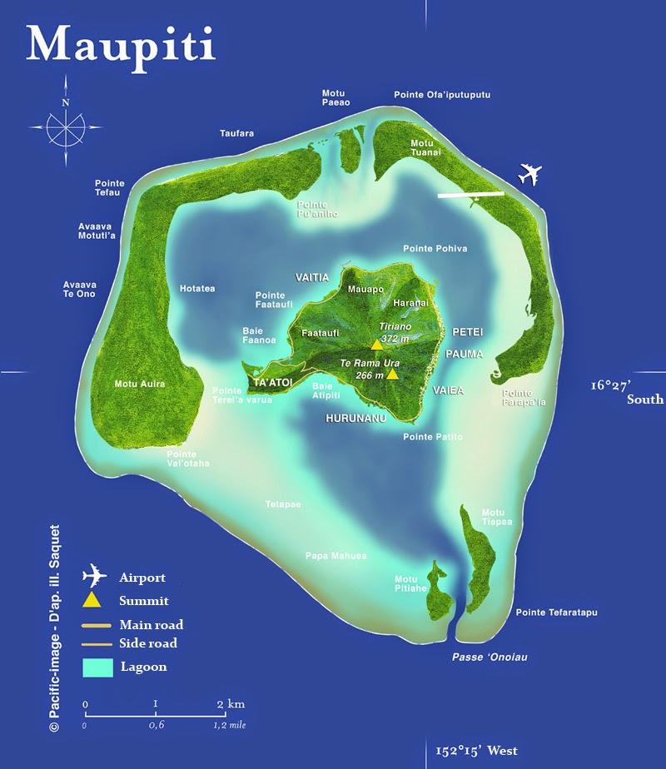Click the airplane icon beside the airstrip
(529, 175)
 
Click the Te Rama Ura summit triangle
(392, 375)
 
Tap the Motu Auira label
(139, 384)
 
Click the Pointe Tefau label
(110, 188)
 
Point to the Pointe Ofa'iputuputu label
(442, 96)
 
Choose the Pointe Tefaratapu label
(557, 613)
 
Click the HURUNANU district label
(355, 419)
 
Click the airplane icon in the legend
(95, 576)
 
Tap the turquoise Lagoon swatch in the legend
(97, 667)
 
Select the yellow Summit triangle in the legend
(93, 600)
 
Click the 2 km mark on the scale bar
(221, 704)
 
